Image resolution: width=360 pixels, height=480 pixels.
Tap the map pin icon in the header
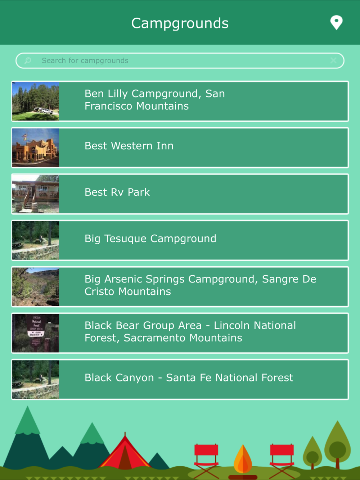[336, 22]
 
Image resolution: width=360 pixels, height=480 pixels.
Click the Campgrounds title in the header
[180, 23]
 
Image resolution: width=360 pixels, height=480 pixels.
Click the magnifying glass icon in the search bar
[28, 60]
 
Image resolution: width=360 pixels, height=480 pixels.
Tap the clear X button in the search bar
[333, 60]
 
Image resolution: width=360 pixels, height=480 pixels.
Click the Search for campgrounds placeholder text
[85, 60]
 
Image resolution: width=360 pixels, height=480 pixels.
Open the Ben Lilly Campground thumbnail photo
[36, 101]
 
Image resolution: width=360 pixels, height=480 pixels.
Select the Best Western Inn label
[129, 146]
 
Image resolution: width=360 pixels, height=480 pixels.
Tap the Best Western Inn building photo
[36, 148]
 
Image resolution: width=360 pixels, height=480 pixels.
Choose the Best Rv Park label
[117, 192]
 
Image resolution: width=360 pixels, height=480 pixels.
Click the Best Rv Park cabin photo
[36, 194]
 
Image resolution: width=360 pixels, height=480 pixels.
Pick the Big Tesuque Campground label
[150, 239]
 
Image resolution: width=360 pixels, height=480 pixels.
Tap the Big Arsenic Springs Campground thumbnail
[36, 287]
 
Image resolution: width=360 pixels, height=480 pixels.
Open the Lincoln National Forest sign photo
[36, 333]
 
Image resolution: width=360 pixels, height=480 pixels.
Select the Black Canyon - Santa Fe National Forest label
[189, 378]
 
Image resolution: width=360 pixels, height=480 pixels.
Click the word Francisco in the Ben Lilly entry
[109, 106]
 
